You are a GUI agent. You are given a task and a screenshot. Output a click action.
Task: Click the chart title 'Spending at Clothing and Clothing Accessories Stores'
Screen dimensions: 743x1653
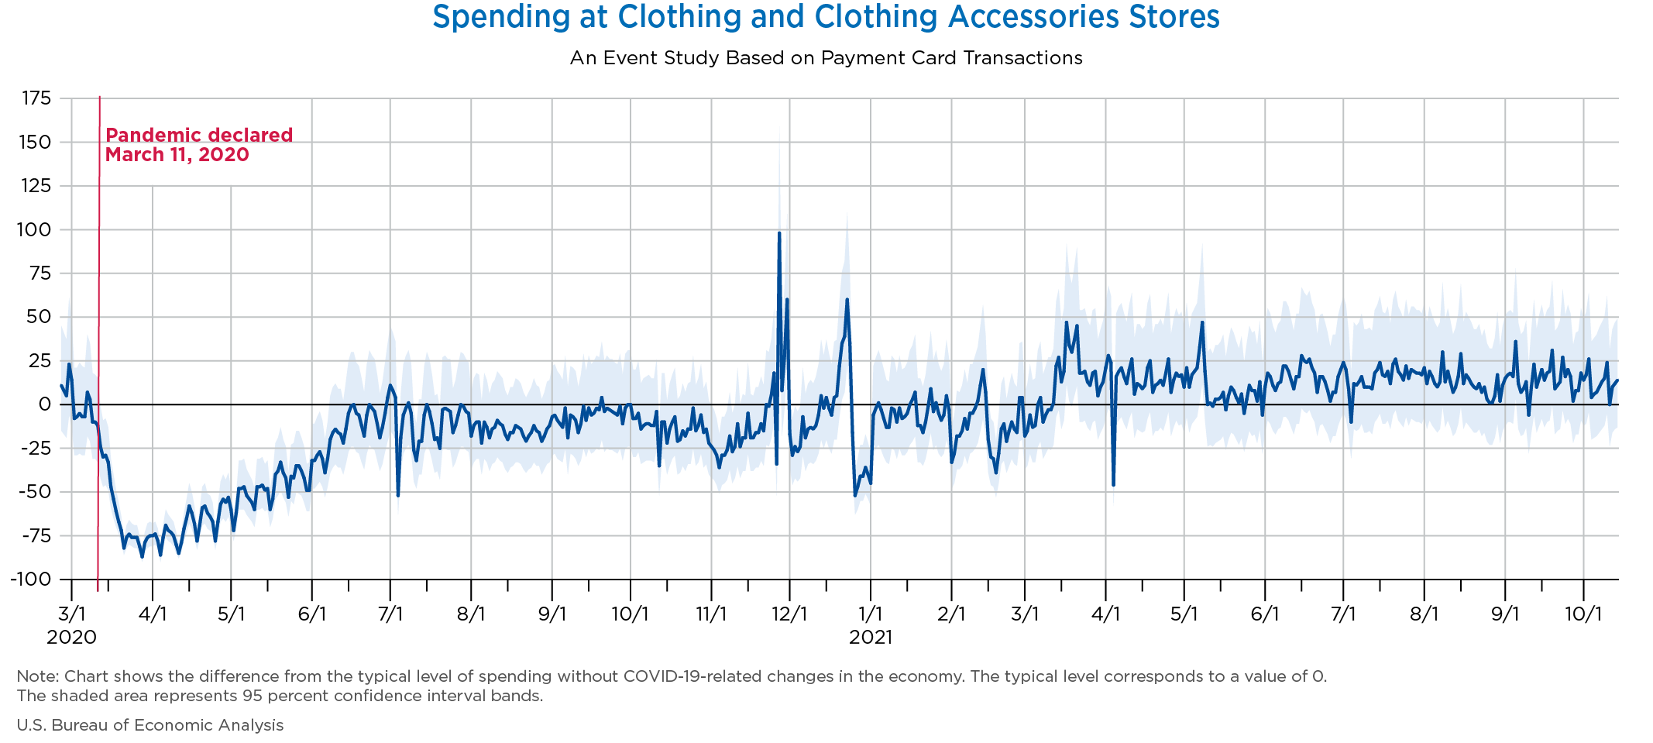pos(826,17)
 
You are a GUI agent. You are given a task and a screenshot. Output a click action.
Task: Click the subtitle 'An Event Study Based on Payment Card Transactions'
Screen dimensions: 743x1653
pos(826,58)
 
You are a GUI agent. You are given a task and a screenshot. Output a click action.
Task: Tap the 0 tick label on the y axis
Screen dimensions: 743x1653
pos(45,404)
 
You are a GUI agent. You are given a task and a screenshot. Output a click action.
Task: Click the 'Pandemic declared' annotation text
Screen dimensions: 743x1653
pos(199,135)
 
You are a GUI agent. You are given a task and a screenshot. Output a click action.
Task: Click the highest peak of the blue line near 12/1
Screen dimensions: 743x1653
pos(778,232)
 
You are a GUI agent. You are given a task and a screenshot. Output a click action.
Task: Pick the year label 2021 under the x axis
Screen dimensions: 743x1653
pos(871,638)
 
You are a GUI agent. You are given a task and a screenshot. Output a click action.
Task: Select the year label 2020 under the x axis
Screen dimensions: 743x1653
pos(71,638)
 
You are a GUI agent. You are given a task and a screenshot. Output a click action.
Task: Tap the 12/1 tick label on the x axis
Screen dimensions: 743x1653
pos(789,615)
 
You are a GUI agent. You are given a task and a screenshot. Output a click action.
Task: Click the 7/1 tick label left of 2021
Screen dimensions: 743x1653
pos(390,615)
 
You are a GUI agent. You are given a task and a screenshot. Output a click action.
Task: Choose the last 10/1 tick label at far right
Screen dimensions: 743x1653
pos(1583,615)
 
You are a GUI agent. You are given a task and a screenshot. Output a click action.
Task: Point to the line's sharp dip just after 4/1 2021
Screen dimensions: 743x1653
pos(1113,484)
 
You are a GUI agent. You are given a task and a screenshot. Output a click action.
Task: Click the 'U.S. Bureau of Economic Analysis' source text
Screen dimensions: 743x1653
pos(150,725)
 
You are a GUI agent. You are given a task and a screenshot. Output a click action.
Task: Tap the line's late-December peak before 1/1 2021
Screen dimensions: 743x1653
pos(847,300)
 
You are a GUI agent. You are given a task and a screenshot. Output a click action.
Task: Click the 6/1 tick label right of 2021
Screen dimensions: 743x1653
pos(1264,615)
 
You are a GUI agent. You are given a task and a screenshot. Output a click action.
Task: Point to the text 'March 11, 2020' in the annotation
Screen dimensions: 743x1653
pos(177,155)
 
